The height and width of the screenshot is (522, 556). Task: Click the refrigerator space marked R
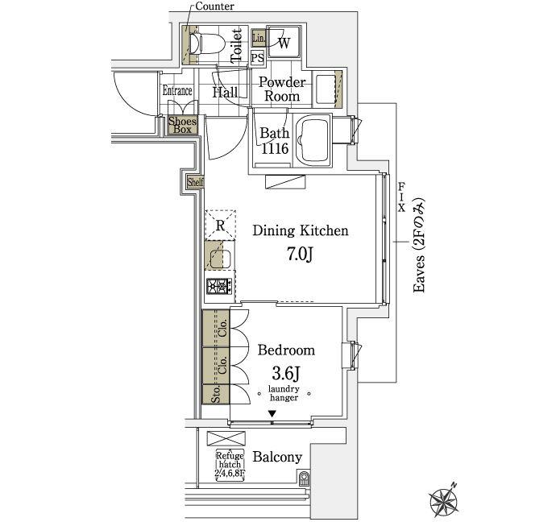click(221, 225)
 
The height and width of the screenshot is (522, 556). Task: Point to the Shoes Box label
click(182, 125)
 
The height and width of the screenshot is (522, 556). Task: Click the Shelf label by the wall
click(195, 182)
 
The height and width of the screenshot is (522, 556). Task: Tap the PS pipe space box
click(258, 57)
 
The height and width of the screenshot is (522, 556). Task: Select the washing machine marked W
click(284, 42)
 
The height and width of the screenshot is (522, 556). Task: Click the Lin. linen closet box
click(259, 38)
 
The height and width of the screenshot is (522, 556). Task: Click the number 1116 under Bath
click(275, 148)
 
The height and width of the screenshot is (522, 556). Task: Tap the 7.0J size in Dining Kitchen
click(300, 254)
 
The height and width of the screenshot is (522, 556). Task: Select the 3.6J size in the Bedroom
click(286, 373)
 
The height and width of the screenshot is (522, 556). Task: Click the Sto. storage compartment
click(216, 394)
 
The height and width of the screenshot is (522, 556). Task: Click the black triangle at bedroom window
click(272, 413)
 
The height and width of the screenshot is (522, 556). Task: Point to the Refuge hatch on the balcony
click(230, 465)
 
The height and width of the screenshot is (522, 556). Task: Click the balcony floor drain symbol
click(304, 478)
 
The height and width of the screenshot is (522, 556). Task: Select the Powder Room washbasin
click(326, 89)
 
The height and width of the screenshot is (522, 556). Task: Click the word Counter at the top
click(214, 6)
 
